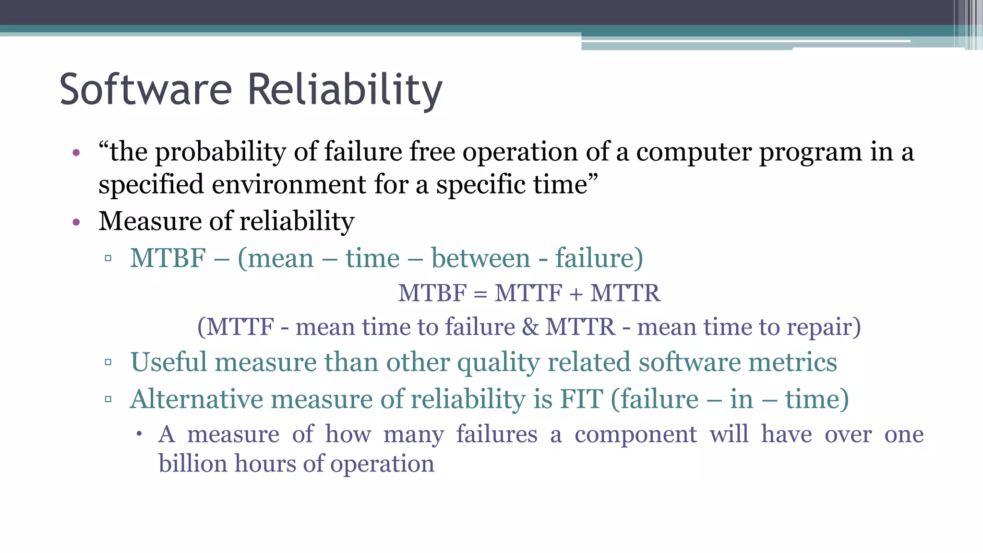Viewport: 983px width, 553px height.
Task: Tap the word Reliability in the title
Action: (x=345, y=90)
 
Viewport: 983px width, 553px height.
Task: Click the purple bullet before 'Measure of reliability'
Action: (x=76, y=222)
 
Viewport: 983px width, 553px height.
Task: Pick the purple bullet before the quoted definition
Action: (x=76, y=154)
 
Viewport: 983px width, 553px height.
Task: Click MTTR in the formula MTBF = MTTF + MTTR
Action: (x=625, y=293)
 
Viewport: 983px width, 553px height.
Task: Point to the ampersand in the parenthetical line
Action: (x=530, y=327)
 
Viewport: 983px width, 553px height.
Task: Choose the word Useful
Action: (x=168, y=362)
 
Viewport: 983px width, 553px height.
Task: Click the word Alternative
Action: (x=197, y=399)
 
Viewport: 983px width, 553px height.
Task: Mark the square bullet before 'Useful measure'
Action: (x=108, y=362)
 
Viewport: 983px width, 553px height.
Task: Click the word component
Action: (x=635, y=435)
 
